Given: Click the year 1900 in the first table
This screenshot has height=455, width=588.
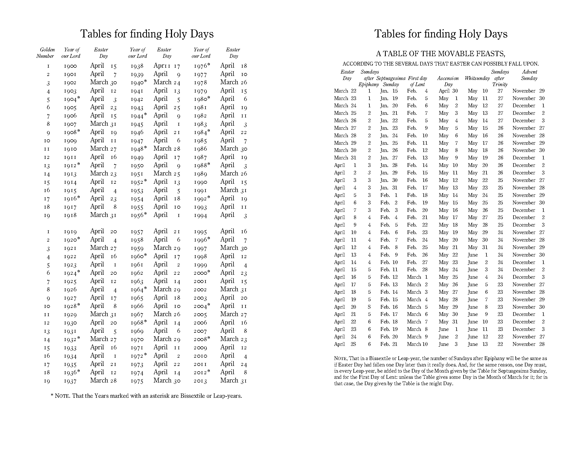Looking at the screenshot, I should click(x=70, y=66).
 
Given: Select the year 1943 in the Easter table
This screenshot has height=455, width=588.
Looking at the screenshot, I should click(x=137, y=108).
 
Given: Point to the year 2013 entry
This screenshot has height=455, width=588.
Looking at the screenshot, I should click(x=200, y=381).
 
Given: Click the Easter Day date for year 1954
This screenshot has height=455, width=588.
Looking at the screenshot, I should click(x=167, y=199).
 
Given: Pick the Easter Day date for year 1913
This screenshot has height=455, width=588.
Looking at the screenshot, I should click(x=103, y=174).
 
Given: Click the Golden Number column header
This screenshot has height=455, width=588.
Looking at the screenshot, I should click(x=45, y=53).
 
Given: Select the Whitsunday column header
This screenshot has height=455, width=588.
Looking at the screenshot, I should click(x=477, y=78).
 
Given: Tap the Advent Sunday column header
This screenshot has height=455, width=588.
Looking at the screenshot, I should click(x=529, y=75).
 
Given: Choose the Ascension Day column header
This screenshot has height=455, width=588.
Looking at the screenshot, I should click(x=448, y=81).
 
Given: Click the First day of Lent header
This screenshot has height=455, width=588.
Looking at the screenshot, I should click(x=417, y=81).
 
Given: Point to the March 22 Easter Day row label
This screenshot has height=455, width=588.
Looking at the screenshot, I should click(x=345, y=91).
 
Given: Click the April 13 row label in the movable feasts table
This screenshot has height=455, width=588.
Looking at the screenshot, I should click(x=345, y=255).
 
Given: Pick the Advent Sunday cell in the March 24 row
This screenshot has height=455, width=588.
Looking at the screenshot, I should click(x=528, y=106).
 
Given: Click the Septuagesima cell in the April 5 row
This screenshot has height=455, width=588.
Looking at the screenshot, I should click(x=389, y=196).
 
